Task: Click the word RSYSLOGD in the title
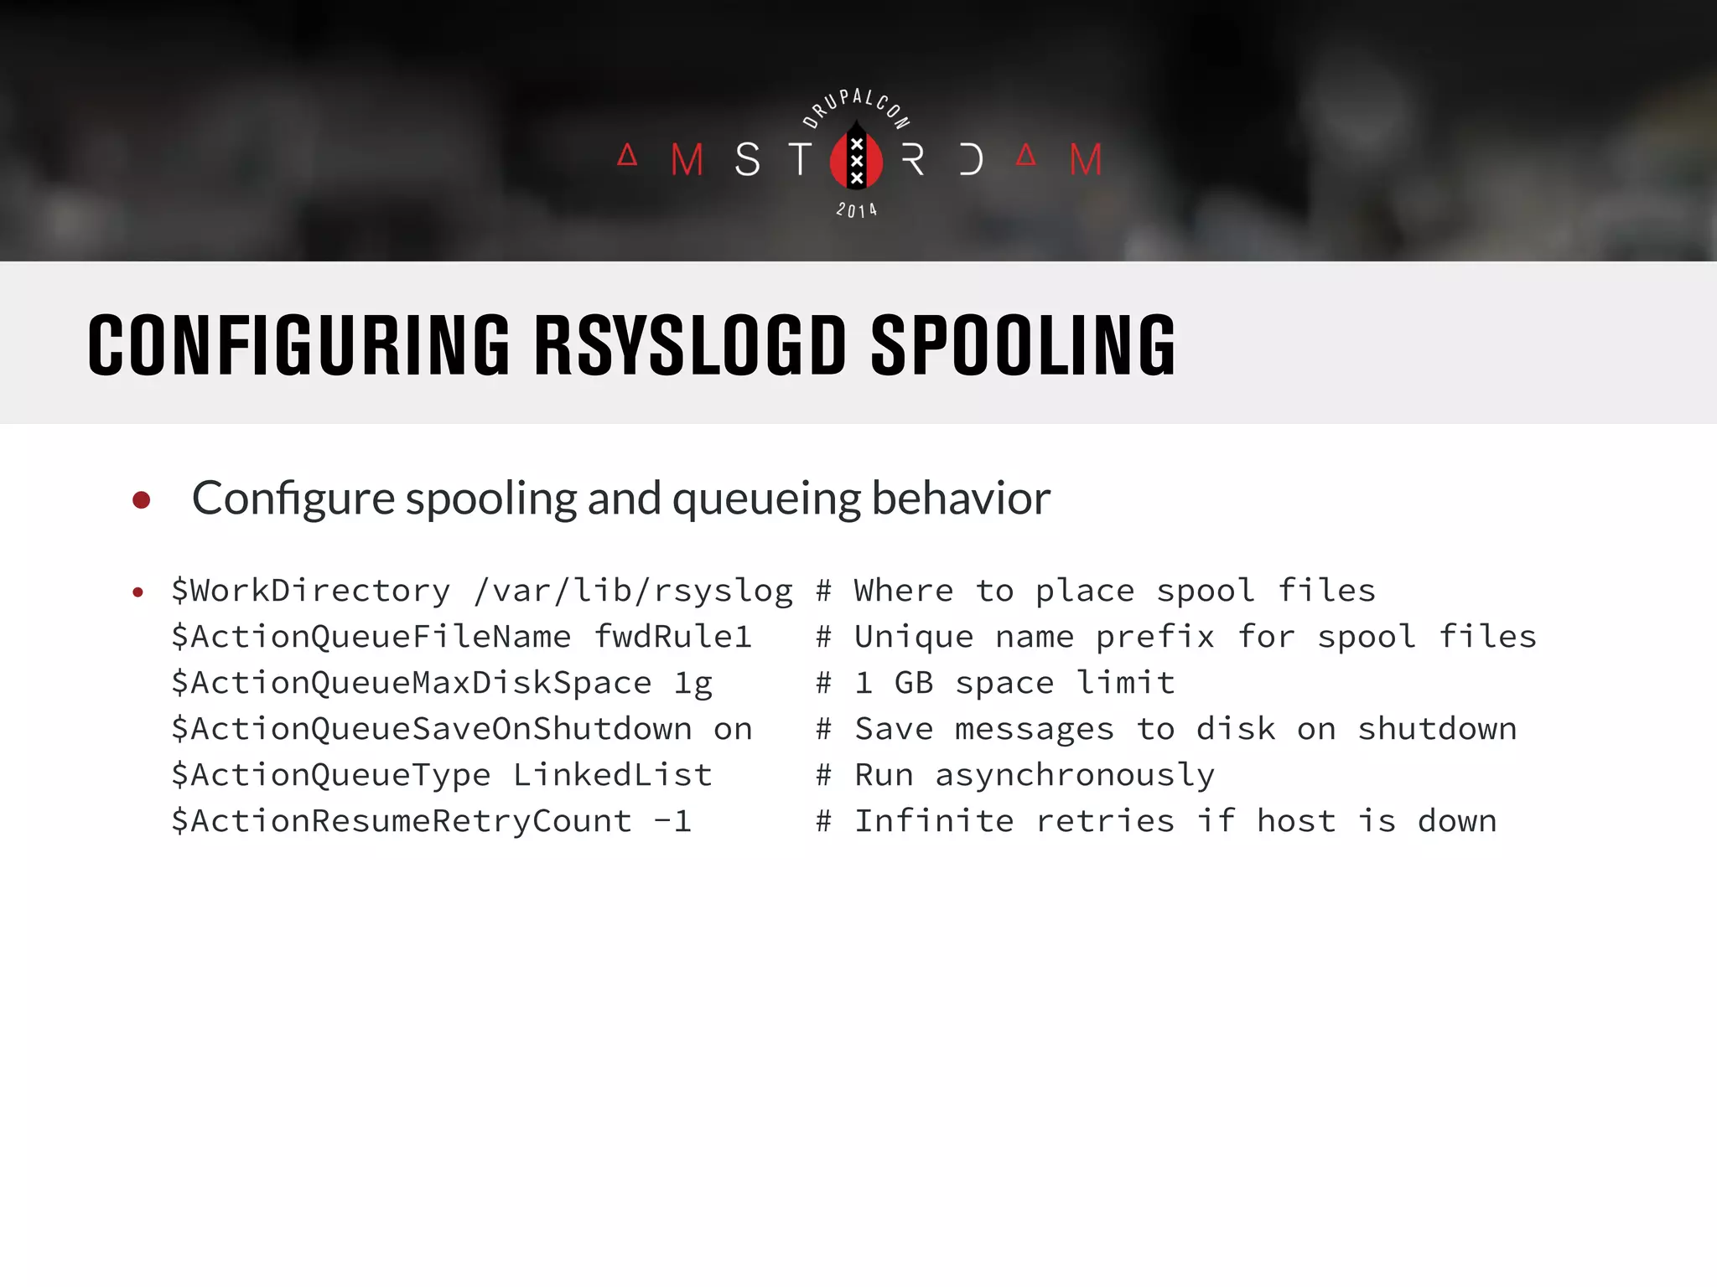pos(690,345)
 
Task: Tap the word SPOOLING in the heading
pos(1023,345)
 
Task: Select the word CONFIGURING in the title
pos(298,345)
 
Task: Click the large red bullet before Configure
pos(142,500)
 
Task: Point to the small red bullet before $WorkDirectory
pos(138,593)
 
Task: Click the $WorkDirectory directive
pos(311,591)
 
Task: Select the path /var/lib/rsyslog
pos(633,591)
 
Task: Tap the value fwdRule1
pos(672,637)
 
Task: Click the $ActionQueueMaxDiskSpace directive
pos(411,683)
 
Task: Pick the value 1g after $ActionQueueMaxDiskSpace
pos(693,684)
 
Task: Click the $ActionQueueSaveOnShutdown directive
pos(431,729)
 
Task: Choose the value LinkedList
pos(612,775)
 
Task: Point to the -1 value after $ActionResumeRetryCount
pos(672,821)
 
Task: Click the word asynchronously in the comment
pos(1075,775)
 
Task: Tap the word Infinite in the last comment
pos(934,821)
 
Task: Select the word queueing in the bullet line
pos(766,499)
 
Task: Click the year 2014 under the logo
pos(856,210)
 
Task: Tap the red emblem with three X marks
pos(856,158)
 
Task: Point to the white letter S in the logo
pos(748,159)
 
